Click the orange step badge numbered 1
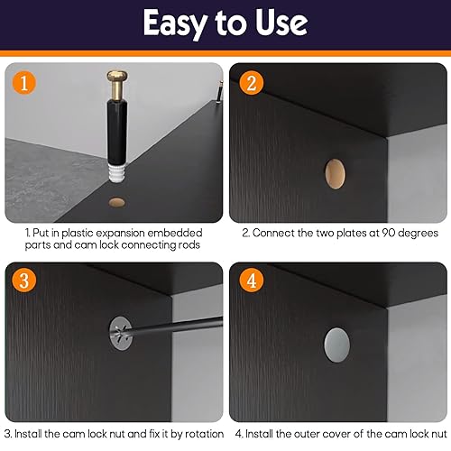[24, 83]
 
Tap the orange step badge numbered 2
[251, 83]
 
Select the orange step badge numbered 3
[24, 281]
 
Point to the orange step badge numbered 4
[251, 281]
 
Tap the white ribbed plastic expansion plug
[117, 172]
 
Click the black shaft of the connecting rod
[117, 132]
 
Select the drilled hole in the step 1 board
[117, 202]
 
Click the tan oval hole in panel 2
[335, 174]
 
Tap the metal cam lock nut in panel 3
[120, 334]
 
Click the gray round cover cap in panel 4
[337, 345]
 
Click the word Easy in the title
[175, 23]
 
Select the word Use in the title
[281, 23]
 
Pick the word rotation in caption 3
[205, 434]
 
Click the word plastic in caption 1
[78, 234]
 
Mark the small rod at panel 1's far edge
[220, 92]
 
